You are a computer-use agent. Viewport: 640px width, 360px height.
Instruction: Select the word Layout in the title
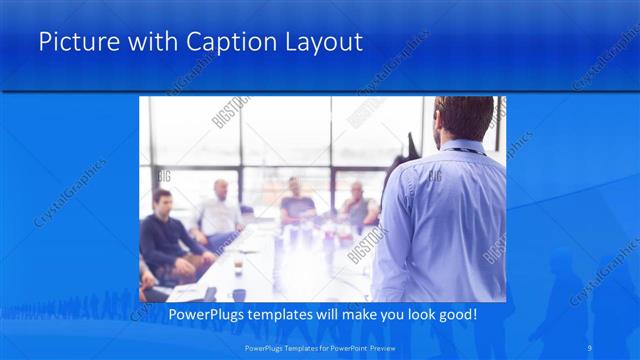click(322, 42)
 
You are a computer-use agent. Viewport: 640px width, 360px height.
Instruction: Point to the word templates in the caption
click(286, 315)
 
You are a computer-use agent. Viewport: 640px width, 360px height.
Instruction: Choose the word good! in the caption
click(455, 315)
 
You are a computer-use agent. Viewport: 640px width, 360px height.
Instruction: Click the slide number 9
click(592, 347)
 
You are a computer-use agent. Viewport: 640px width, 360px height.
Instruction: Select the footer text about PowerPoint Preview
click(319, 347)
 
